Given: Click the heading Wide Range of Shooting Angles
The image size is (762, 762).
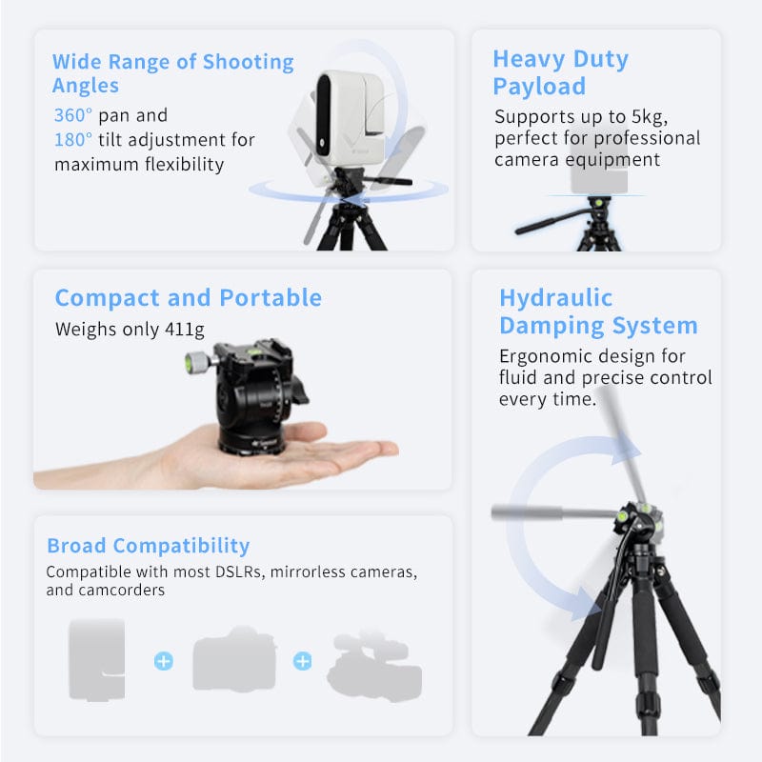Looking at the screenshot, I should pyautogui.click(x=172, y=73).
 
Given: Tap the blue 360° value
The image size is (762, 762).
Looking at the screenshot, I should pyautogui.click(x=73, y=115).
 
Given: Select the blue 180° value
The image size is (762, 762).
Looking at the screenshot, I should pyautogui.click(x=73, y=140).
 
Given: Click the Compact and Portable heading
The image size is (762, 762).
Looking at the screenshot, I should pyautogui.click(x=188, y=297).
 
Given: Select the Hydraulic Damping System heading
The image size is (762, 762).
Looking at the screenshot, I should pyautogui.click(x=598, y=311).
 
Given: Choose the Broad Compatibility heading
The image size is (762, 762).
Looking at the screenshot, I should pyautogui.click(x=148, y=546).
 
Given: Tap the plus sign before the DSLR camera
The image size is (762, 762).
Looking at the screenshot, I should pyautogui.click(x=164, y=660).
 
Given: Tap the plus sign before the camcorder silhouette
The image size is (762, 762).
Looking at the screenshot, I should pyautogui.click(x=302, y=660).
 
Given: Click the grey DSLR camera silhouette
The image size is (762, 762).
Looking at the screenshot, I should pyautogui.click(x=234, y=658).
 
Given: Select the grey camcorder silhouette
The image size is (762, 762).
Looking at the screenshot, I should pyautogui.click(x=374, y=663).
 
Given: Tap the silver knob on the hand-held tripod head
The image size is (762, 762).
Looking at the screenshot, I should pyautogui.click(x=196, y=361).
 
